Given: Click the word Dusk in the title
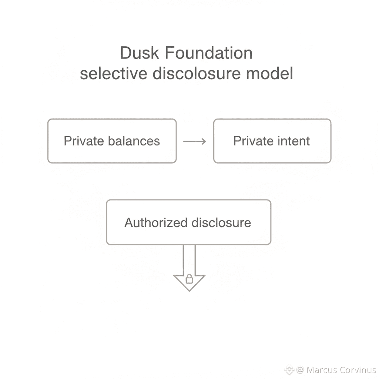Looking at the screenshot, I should (140, 53).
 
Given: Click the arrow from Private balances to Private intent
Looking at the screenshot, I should (195, 141).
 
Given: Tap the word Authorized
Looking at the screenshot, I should (155, 223).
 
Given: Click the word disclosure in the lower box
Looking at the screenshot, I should (221, 223).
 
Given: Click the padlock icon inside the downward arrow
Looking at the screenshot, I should (189, 279).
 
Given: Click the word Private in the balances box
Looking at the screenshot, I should (84, 141).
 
